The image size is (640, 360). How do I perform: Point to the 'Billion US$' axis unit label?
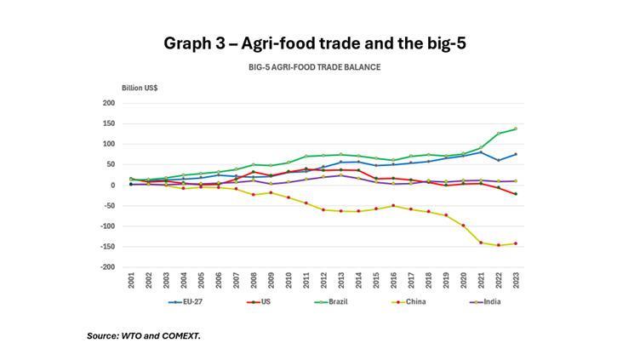tap(140, 89)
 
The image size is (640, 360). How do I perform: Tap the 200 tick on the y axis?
tap(108, 103)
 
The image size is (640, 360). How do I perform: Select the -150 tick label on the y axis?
tap(107, 247)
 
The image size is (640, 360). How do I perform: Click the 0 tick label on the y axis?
tap(112, 185)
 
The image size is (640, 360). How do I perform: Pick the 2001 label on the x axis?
tap(131, 281)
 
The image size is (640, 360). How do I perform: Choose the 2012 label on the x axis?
tap(323, 281)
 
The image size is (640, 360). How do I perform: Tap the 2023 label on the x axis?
tap(514, 281)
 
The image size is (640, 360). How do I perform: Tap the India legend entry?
tap(483, 301)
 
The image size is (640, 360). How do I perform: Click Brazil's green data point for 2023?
tap(514, 129)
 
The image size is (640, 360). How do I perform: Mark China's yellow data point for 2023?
tap(514, 243)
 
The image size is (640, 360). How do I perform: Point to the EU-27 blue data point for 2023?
tap(514, 154)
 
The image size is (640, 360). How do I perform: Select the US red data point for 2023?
tap(514, 194)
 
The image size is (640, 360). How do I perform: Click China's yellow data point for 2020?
tap(462, 226)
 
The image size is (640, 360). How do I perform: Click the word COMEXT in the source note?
tap(180, 336)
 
